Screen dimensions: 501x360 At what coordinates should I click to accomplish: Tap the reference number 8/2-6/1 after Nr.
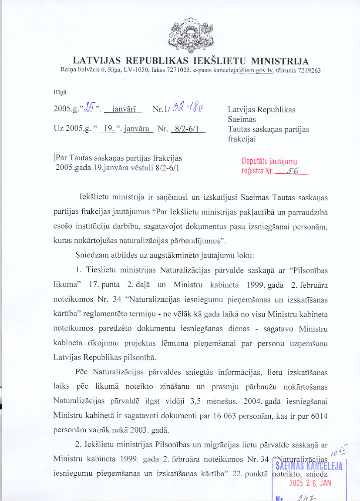tap(188, 129)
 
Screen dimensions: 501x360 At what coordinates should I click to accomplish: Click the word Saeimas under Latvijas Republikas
tap(242, 119)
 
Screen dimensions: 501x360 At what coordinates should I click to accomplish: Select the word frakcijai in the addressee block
tap(242, 139)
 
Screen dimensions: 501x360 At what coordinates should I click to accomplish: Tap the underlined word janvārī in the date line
tap(124, 109)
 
